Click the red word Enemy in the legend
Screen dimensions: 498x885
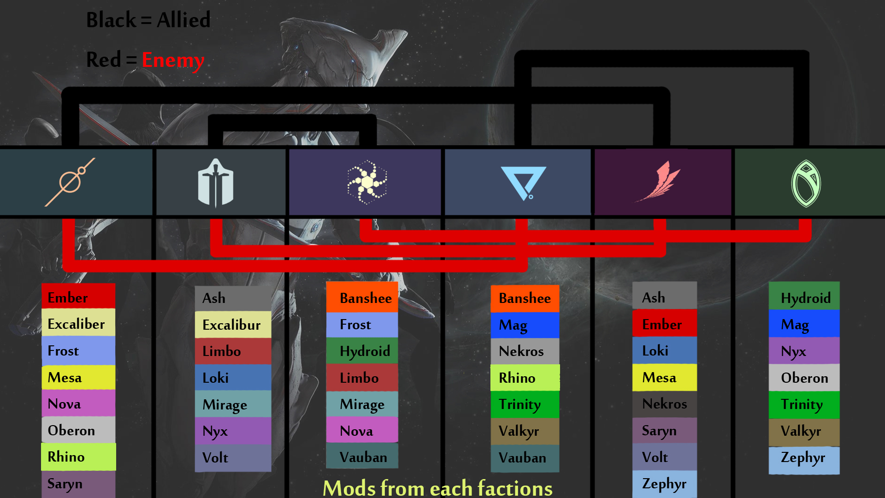pyautogui.click(x=173, y=60)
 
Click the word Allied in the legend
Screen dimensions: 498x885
pyautogui.click(x=183, y=20)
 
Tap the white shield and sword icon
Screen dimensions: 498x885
pyautogui.click(x=215, y=183)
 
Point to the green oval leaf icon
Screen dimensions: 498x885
pyautogui.click(x=806, y=183)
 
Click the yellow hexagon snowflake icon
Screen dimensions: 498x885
pyautogui.click(x=366, y=182)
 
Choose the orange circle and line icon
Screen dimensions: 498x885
pyautogui.click(x=70, y=182)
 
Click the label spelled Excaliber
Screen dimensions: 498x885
pyautogui.click(x=76, y=324)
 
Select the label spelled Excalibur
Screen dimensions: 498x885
pyautogui.click(x=231, y=325)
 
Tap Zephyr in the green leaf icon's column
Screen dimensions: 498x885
pyautogui.click(x=803, y=458)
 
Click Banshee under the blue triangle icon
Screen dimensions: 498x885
pyautogui.click(x=525, y=298)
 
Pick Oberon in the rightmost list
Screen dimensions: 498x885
pyautogui.click(x=804, y=378)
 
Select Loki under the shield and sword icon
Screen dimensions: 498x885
pyautogui.click(x=215, y=378)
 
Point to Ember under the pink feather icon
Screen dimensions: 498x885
pyautogui.click(x=662, y=325)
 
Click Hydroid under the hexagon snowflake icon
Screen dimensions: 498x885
pyautogui.click(x=365, y=351)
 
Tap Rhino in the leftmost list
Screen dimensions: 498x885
pyautogui.click(x=66, y=457)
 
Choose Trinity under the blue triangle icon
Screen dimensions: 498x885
pyautogui.click(x=520, y=404)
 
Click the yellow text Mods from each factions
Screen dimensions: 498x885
pyautogui.click(x=437, y=488)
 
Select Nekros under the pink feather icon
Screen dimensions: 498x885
pyautogui.click(x=664, y=404)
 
